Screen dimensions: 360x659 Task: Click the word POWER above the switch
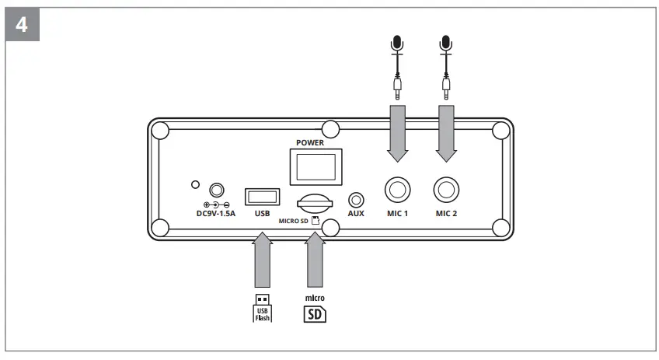coord(311,144)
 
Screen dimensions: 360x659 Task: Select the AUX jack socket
coord(357,200)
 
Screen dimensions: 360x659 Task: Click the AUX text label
coord(357,213)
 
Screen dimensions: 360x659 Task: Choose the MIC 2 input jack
coord(446,190)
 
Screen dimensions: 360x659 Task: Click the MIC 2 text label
coord(446,213)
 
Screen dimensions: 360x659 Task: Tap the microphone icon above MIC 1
coord(398,44)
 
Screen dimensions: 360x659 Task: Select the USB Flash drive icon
coord(263,307)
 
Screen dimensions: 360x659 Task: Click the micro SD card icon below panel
coord(314,313)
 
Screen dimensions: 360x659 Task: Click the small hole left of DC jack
coord(196,185)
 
